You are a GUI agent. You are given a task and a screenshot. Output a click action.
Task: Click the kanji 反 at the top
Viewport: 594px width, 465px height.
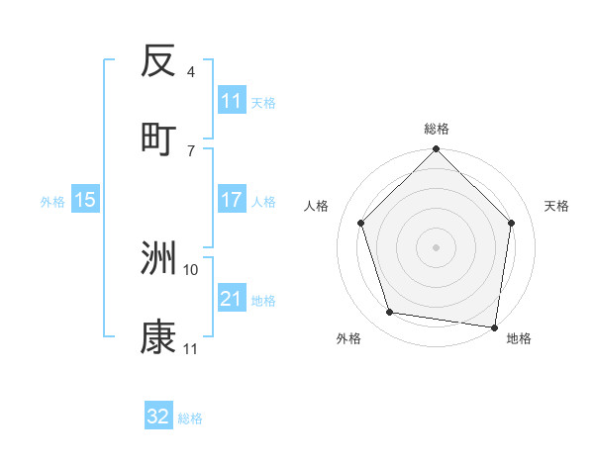click(x=158, y=62)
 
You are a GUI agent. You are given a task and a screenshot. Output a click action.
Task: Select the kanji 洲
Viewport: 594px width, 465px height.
click(x=158, y=259)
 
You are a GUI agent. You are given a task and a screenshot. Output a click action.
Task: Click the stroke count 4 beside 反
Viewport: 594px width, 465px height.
click(x=190, y=72)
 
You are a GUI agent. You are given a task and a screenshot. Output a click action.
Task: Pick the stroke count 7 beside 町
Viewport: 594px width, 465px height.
click(x=190, y=150)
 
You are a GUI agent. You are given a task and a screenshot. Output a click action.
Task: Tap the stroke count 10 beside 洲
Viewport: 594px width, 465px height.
click(x=192, y=269)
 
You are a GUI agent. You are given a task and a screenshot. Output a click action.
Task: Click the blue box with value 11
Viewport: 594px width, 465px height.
click(x=232, y=101)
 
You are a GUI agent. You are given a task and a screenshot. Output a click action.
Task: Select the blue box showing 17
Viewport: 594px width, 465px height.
click(x=232, y=200)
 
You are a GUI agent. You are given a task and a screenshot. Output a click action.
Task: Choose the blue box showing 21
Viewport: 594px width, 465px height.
click(x=232, y=299)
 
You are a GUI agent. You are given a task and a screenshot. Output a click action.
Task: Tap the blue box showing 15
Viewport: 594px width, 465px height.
click(x=85, y=200)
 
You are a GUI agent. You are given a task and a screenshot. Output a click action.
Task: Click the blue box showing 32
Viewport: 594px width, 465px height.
click(x=158, y=417)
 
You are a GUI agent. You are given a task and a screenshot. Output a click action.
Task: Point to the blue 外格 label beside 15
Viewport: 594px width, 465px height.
click(x=52, y=201)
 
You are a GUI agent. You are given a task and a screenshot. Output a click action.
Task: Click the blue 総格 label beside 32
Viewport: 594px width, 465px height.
click(x=190, y=418)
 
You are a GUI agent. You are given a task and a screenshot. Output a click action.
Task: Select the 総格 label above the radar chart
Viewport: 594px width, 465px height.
click(x=437, y=129)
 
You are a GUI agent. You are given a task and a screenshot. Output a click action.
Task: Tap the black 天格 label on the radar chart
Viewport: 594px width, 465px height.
click(x=556, y=206)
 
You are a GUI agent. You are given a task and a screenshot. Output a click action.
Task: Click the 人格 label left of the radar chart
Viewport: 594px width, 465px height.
click(x=316, y=206)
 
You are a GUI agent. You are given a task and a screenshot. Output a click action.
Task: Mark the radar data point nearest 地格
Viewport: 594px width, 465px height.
click(x=494, y=326)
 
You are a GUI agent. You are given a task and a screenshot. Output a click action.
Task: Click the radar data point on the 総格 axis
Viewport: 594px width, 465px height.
click(x=436, y=150)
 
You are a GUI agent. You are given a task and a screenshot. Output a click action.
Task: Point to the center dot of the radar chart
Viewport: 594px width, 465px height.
click(x=436, y=246)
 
